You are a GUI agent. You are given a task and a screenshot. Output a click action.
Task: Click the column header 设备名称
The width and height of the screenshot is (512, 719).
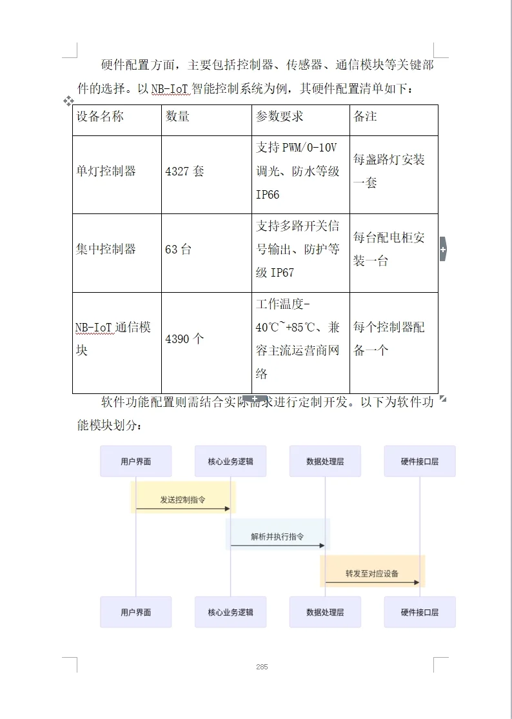click(x=100, y=117)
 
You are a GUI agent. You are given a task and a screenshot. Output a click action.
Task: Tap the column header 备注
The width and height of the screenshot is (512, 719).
click(x=365, y=117)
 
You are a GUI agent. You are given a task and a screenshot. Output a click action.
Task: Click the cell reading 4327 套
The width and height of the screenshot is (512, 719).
click(x=184, y=172)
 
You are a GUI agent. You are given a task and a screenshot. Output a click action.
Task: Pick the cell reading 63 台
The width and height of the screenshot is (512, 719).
click(x=178, y=250)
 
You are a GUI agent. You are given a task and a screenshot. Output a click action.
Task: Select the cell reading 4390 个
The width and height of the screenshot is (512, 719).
click(x=184, y=339)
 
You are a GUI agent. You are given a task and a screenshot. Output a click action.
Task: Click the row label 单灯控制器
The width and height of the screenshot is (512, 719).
click(x=106, y=172)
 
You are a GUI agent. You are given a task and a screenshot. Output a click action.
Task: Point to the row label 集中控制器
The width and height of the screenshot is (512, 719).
click(x=106, y=250)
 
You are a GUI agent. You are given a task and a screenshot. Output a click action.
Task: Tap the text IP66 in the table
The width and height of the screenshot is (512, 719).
click(x=268, y=195)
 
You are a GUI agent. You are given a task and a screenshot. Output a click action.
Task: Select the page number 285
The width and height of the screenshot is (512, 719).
click(x=261, y=667)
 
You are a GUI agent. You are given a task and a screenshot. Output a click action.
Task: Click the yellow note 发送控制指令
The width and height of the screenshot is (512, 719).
click(x=183, y=500)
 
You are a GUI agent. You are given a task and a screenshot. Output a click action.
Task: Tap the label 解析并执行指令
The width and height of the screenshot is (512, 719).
click(x=277, y=537)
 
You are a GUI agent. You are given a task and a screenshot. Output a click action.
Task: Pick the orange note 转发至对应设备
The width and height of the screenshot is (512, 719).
click(x=372, y=573)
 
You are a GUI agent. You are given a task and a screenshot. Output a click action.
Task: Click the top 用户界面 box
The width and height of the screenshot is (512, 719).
click(x=135, y=461)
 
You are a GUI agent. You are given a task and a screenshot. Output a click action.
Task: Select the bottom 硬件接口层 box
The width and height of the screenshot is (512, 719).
click(x=419, y=612)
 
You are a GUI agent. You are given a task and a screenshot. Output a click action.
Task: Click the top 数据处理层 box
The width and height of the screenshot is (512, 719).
click(x=325, y=461)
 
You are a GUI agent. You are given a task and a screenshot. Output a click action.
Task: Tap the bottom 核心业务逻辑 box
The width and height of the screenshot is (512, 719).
click(x=230, y=612)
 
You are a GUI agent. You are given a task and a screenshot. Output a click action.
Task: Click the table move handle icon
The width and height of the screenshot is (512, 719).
click(x=68, y=101)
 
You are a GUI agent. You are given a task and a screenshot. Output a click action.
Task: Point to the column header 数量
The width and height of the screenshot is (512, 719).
click(x=177, y=117)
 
